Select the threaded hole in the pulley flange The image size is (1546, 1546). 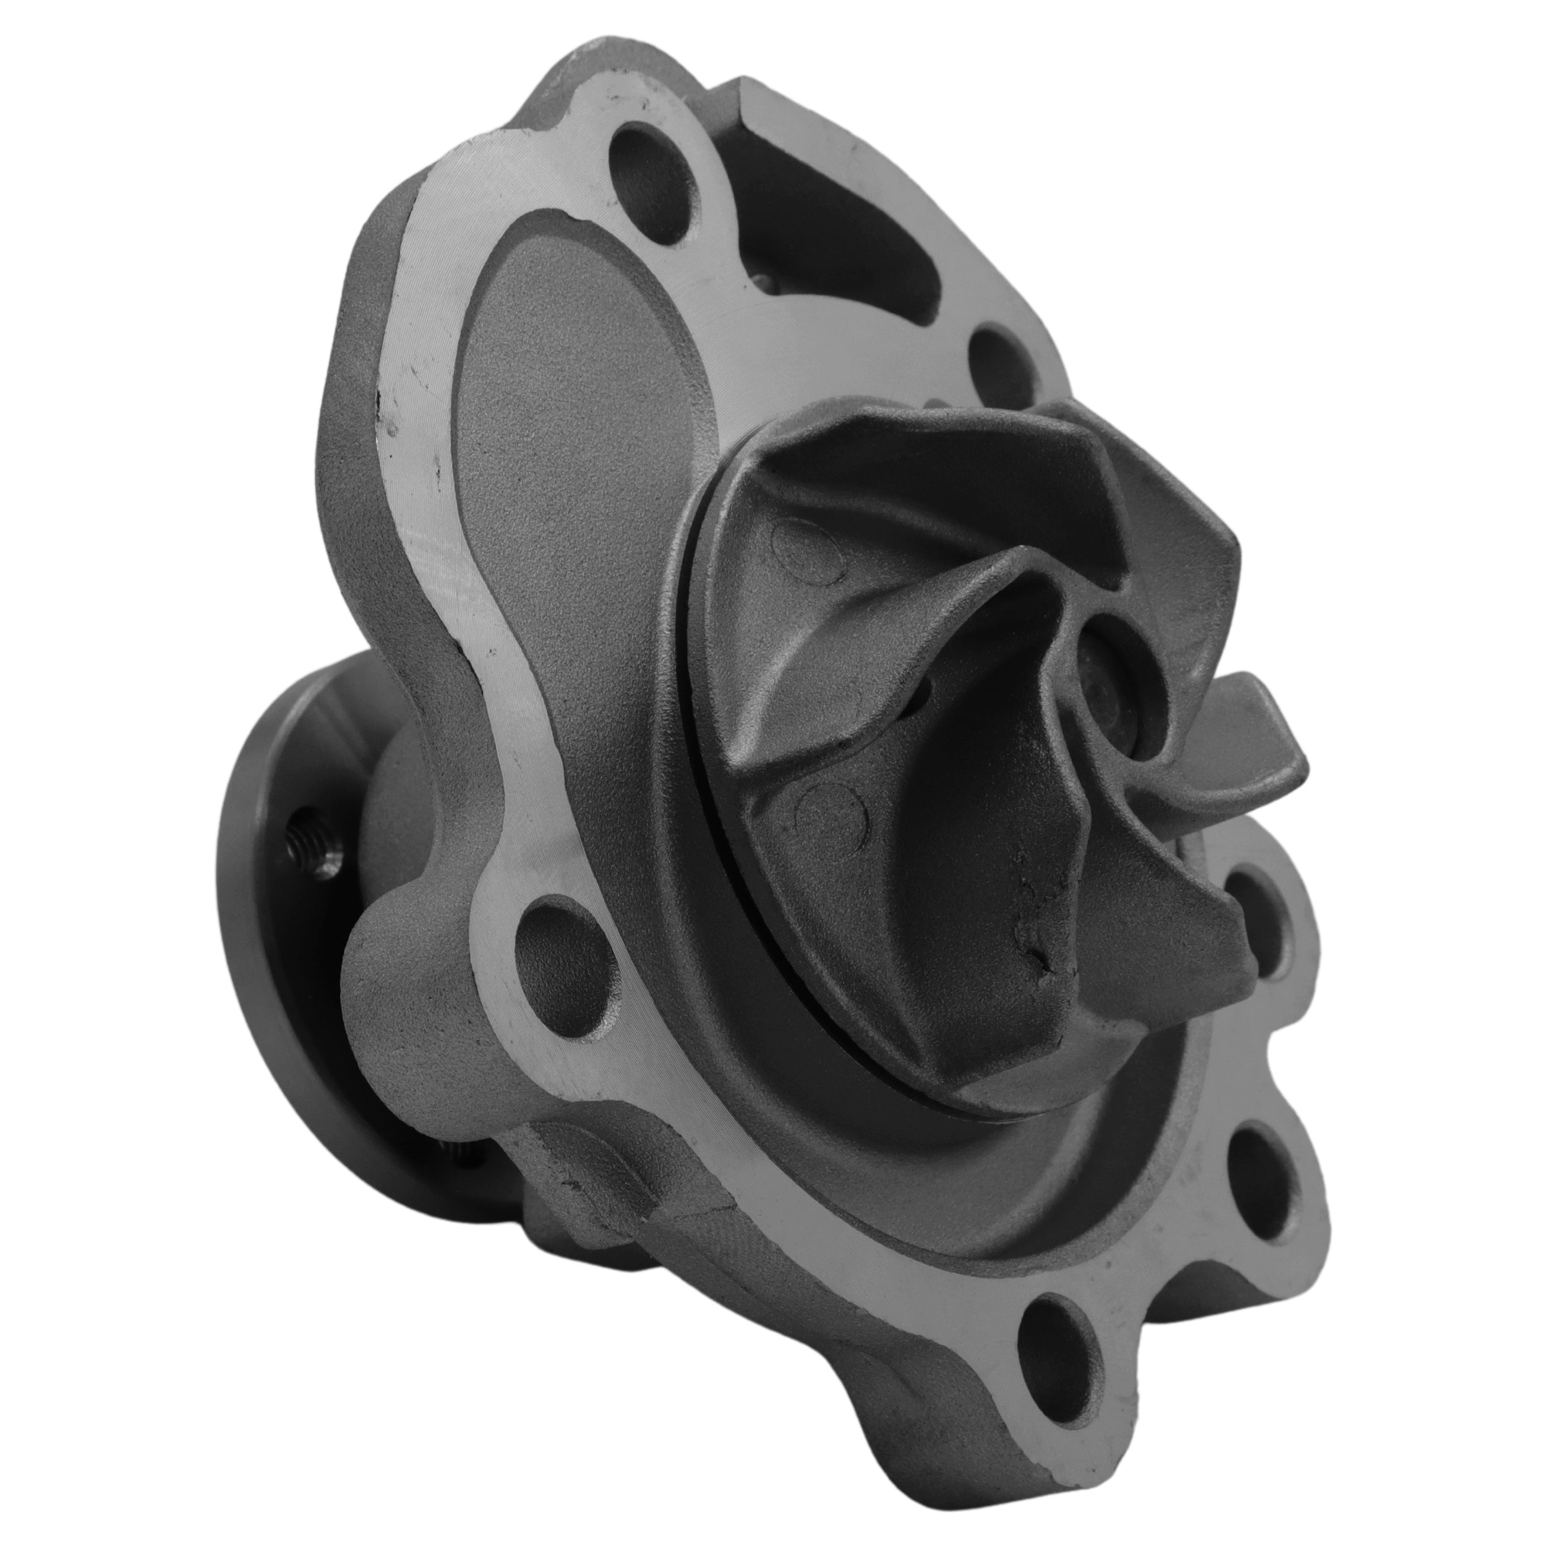316,845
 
